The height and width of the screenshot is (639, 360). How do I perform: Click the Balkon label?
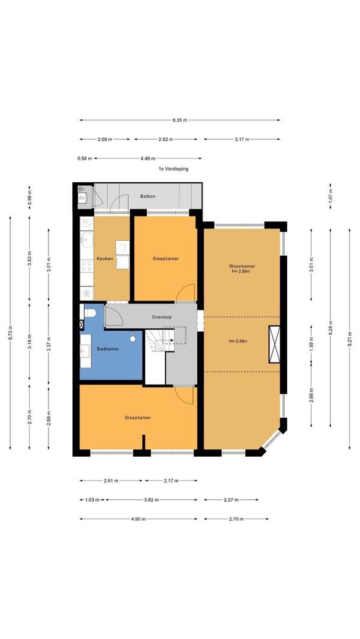[x=148, y=196]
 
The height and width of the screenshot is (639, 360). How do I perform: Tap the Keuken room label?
[x=105, y=259]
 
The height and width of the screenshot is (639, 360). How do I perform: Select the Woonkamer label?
[x=242, y=266]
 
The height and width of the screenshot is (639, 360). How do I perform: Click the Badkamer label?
[x=108, y=349]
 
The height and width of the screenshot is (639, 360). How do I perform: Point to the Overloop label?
[x=162, y=317]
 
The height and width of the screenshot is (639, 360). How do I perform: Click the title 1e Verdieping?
[x=173, y=169]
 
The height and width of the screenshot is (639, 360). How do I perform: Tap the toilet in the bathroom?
[x=89, y=313]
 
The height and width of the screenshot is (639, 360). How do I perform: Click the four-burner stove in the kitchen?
[x=87, y=266]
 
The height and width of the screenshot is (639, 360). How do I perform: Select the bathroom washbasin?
[x=86, y=349]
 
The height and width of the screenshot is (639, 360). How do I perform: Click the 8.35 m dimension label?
[x=180, y=120]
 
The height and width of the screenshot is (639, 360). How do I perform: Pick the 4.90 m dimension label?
[x=138, y=519]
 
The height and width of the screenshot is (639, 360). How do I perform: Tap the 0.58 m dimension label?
[x=85, y=159]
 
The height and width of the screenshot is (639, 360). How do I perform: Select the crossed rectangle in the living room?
[x=274, y=344]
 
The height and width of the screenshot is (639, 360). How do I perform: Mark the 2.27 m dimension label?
[x=231, y=499]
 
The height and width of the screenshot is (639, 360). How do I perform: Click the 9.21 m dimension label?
[x=349, y=339]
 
